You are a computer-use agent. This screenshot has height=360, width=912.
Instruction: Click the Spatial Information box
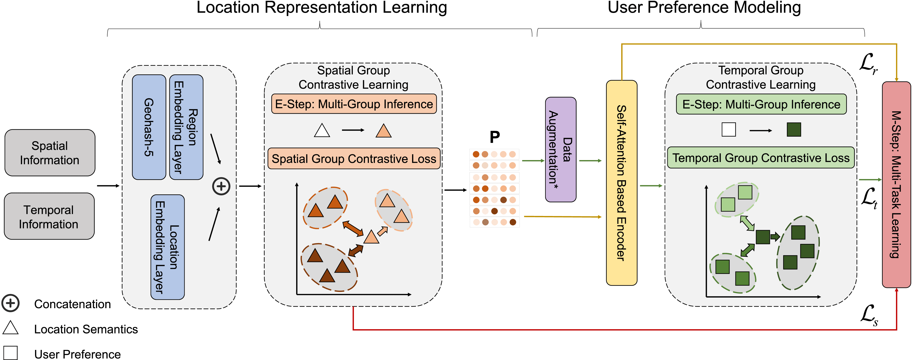50,153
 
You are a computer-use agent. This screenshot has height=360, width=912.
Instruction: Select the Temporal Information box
49,216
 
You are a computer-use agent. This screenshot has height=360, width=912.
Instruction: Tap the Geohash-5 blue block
149,127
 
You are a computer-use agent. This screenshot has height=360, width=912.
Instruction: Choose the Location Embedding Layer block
168,247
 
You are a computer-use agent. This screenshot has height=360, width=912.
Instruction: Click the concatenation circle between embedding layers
221,186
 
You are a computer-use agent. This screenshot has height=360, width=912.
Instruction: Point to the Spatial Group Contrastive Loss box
354,159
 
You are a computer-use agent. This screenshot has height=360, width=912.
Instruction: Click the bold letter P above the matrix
495,137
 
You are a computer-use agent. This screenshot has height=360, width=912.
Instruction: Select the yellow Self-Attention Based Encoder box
621,183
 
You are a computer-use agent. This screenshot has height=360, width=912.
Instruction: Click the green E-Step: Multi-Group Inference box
761,104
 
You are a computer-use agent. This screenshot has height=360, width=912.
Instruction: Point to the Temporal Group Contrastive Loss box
761,158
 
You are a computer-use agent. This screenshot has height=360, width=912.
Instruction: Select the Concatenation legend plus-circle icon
11,303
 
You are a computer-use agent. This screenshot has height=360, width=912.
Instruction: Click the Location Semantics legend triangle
11,328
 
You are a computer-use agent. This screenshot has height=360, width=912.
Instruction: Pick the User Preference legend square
11,353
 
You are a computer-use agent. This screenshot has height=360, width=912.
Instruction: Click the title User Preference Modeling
704,8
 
